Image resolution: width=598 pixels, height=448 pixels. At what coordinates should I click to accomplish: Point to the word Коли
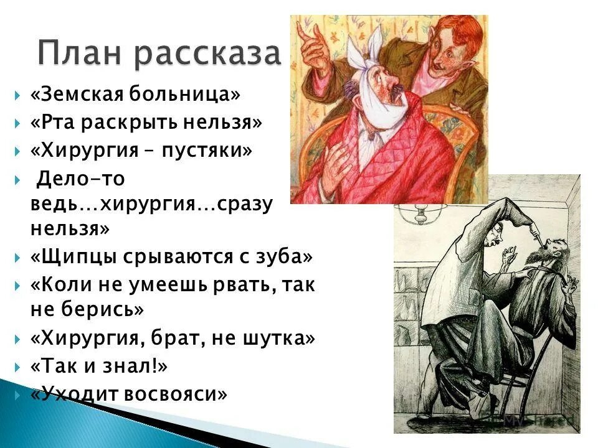click(x=60, y=286)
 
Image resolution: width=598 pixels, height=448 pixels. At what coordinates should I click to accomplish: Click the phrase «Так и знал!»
click(x=99, y=366)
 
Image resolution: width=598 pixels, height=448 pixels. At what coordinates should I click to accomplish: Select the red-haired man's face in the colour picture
click(x=452, y=56)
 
